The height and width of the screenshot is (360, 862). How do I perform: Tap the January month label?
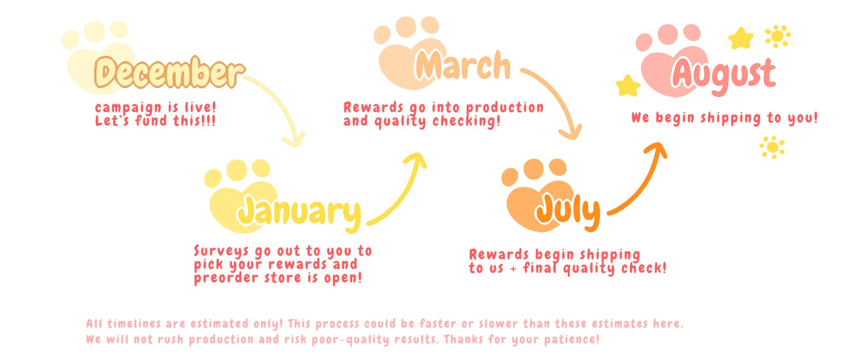pos(299,213)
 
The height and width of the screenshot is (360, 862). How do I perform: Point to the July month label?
pos(568,212)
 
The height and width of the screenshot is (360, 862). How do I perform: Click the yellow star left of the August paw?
pos(628,86)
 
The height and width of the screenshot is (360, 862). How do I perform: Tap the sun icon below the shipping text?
pos(772,147)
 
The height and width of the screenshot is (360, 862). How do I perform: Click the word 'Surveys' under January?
pos(221,251)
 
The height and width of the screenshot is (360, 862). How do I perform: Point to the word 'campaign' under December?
pos(128,108)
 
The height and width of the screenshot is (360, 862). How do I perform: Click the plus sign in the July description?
pos(513,268)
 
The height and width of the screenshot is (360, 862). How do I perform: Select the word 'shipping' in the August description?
pos(731,118)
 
